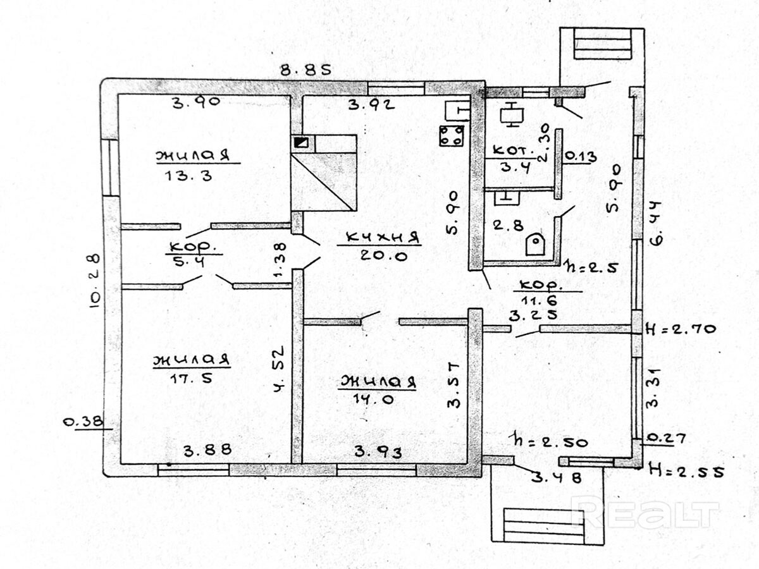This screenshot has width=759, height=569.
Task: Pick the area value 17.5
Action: [184, 379]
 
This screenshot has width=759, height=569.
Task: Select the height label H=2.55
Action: [686, 471]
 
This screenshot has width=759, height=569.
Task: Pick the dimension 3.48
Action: [557, 479]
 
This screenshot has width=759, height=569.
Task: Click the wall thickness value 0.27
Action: [660, 437]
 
